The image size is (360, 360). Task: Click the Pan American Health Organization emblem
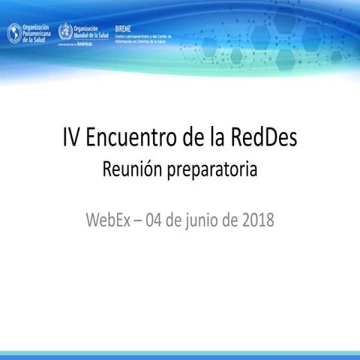[14, 33]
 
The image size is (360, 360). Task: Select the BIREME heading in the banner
[124, 28]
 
